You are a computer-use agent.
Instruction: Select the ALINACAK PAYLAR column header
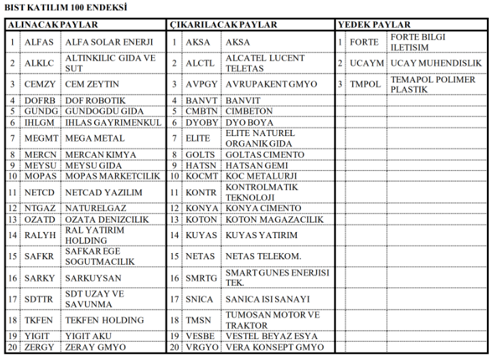coord(52,24)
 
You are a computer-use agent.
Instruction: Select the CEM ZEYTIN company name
coord(92,84)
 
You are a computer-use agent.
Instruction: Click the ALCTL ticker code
coord(200,63)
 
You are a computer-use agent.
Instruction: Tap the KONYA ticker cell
coord(202,208)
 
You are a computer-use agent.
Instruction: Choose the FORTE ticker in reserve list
coord(364,42)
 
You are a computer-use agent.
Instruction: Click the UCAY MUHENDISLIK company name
coord(436,63)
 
